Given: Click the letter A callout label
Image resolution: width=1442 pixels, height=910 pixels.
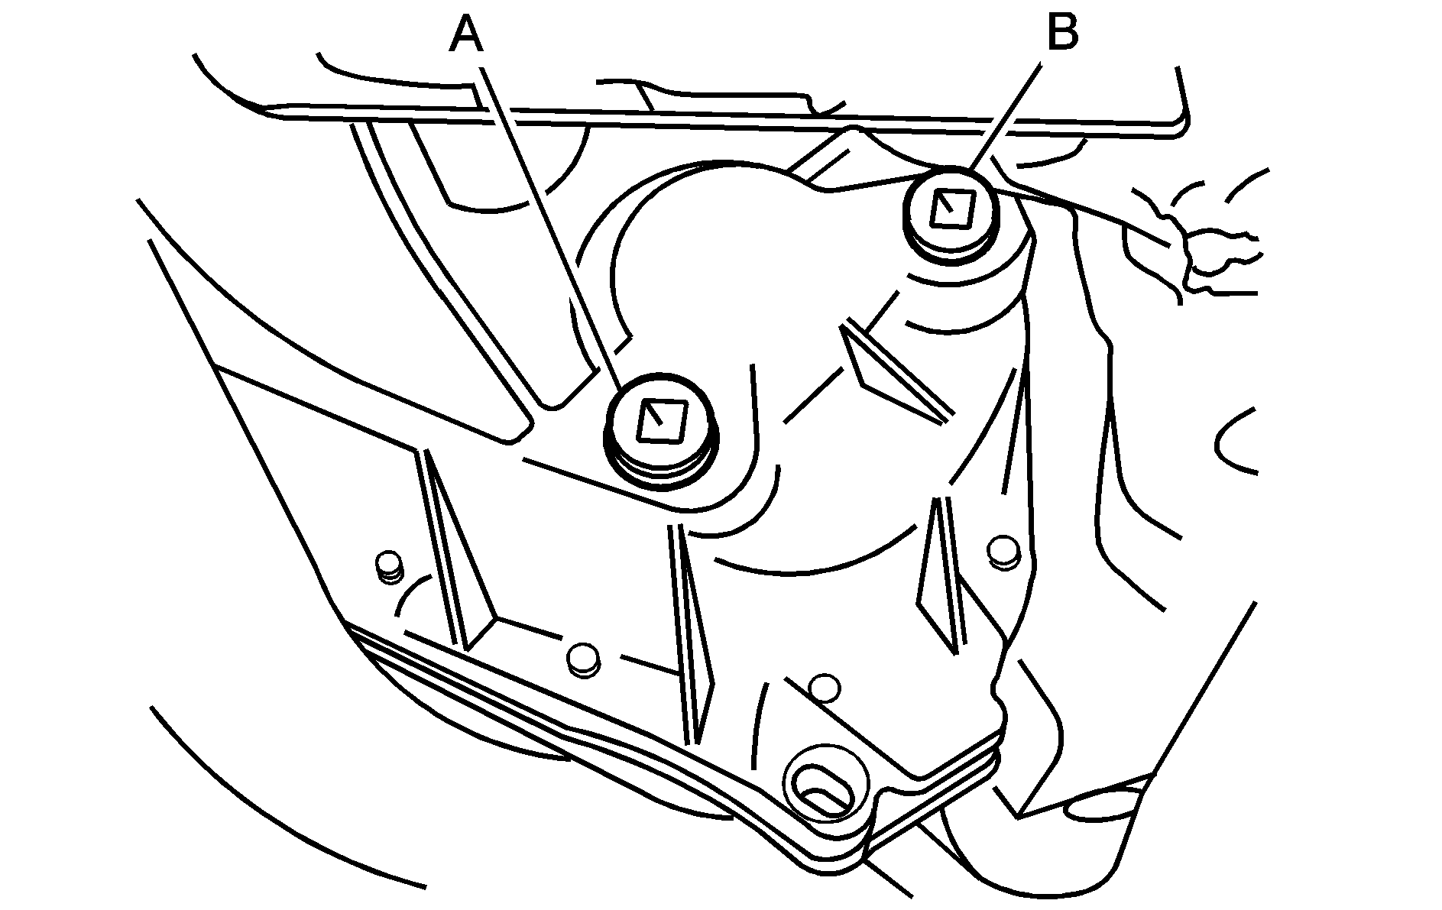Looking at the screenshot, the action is pos(465,36).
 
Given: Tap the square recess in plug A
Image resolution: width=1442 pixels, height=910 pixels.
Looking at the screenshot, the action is pos(661,421).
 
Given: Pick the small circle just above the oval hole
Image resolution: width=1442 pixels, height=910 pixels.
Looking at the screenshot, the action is pos(825,687).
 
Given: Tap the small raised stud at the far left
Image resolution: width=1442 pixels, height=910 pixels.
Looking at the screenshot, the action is pos(390,565).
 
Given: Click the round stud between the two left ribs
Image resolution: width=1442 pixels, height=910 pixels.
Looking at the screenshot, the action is pos(583,659).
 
